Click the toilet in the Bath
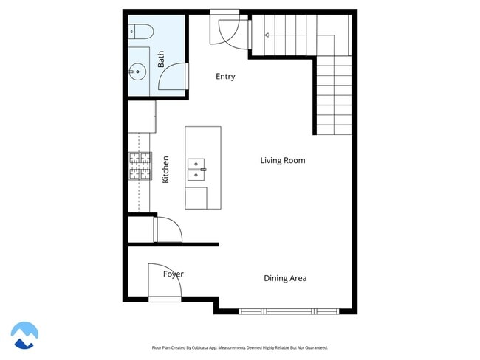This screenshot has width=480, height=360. [140, 31]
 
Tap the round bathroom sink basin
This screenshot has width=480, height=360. [137, 72]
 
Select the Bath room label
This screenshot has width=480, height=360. [161, 60]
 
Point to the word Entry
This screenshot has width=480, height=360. [225, 77]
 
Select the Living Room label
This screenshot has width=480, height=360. [282, 160]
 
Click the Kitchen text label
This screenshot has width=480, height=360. [165, 169]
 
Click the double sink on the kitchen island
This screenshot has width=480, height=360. [196, 169]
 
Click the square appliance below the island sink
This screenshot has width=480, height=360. [196, 198]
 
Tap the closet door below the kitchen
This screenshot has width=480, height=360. [166, 229]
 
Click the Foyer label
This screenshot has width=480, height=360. [174, 274]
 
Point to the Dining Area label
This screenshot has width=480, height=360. [285, 278]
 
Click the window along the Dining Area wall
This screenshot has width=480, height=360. [289, 311]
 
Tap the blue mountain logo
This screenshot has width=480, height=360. [24, 335]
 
